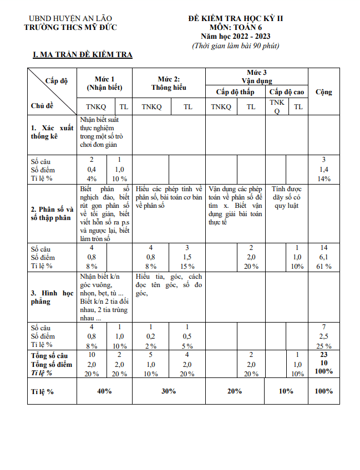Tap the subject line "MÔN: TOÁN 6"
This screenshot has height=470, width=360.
(x=235, y=27)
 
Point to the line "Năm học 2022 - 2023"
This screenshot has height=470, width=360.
(x=235, y=36)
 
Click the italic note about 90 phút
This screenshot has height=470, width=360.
(x=235, y=45)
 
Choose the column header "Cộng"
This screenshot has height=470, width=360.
(x=323, y=91)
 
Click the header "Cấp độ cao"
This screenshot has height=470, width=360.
(x=286, y=91)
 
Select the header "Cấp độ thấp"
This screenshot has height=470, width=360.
(x=235, y=91)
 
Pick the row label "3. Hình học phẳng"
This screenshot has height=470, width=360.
(x=52, y=297)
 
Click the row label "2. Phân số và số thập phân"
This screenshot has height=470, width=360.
(x=52, y=213)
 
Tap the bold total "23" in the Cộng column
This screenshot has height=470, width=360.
(x=324, y=355)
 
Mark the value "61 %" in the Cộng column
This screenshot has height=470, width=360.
(x=324, y=266)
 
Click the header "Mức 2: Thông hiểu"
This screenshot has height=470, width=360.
(x=169, y=83)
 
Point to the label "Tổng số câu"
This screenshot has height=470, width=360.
(x=49, y=355)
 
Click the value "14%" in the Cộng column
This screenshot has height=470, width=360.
(x=324, y=178)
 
